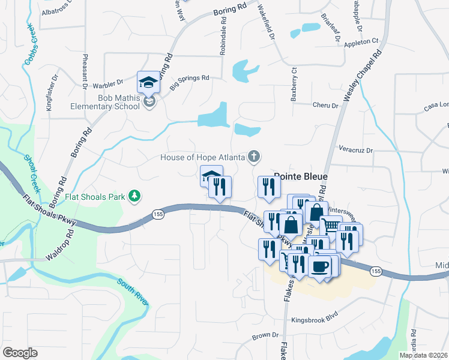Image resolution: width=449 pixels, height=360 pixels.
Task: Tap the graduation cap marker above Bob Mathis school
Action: point(148,82)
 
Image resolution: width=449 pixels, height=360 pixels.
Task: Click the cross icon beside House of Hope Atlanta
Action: point(255,157)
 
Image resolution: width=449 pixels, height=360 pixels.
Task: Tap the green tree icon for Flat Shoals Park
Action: point(136,196)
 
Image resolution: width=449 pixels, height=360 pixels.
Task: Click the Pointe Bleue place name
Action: point(301,177)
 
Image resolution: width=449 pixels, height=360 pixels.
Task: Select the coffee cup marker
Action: point(320,265)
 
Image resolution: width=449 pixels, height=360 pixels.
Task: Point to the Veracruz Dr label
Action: point(356,150)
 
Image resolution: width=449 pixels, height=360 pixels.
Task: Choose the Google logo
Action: point(20,353)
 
